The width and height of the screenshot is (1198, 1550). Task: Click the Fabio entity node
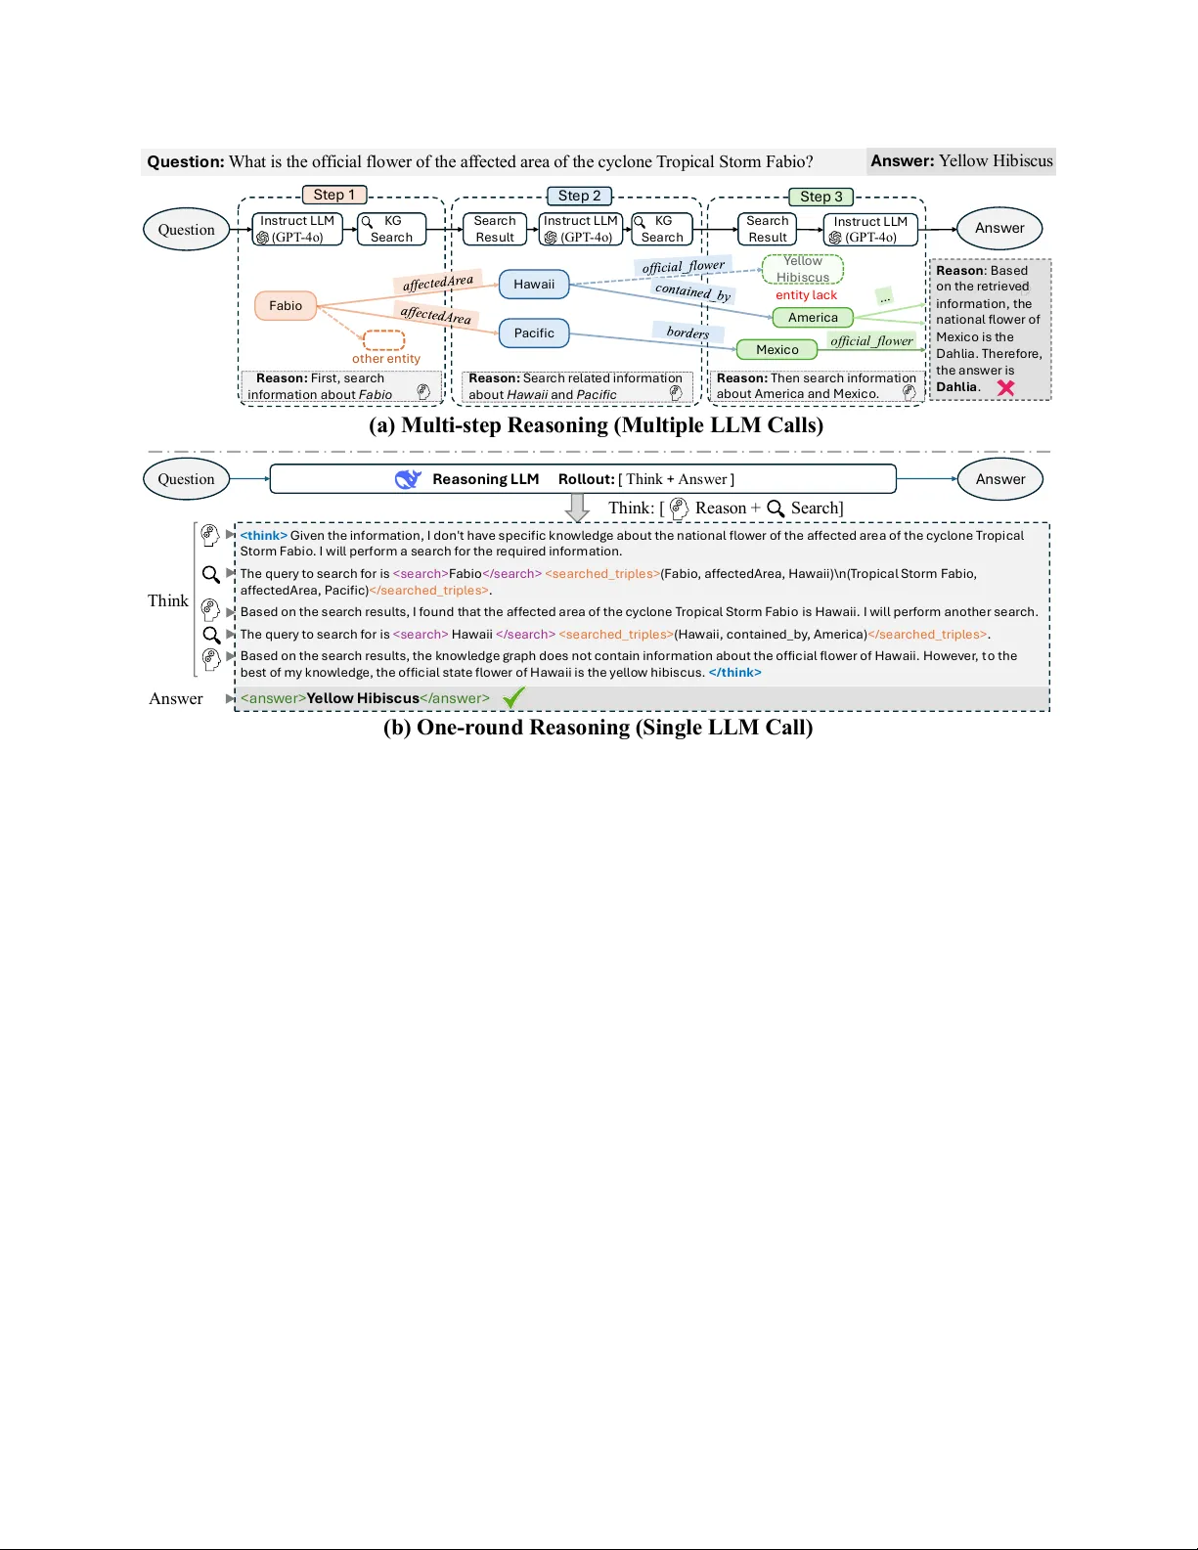pyautogui.click(x=286, y=306)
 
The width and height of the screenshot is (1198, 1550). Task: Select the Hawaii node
pyautogui.click(x=534, y=285)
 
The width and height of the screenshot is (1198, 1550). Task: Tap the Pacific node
pyautogui.click(x=534, y=333)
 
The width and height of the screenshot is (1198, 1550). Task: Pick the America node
pyautogui.click(x=813, y=318)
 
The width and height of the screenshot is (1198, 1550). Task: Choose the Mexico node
pyautogui.click(x=776, y=350)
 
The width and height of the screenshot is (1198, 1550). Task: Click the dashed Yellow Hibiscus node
pyautogui.click(x=803, y=269)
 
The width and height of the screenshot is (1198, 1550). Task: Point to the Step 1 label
pyautogui.click(x=334, y=195)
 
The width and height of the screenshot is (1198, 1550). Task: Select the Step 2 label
pyautogui.click(x=580, y=196)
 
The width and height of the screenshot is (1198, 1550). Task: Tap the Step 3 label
pyautogui.click(x=821, y=197)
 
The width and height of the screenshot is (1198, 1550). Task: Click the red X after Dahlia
pyautogui.click(x=1005, y=387)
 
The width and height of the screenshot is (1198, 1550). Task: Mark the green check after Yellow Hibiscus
pyautogui.click(x=513, y=698)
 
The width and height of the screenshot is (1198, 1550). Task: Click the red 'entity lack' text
pyautogui.click(x=806, y=295)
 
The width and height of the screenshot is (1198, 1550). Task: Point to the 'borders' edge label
pyautogui.click(x=688, y=332)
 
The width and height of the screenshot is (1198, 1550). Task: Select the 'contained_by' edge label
pyautogui.click(x=692, y=291)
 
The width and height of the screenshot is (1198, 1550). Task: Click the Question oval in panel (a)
pyautogui.click(x=186, y=230)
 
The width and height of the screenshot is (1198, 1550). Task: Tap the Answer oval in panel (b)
pyautogui.click(x=999, y=479)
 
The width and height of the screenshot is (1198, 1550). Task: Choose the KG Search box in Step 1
pyautogui.click(x=391, y=229)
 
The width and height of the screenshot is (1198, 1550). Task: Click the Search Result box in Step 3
pyautogui.click(x=767, y=229)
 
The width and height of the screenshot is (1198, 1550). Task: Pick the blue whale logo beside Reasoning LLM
pyautogui.click(x=407, y=479)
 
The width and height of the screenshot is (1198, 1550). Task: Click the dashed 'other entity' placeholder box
pyautogui.click(x=384, y=340)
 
